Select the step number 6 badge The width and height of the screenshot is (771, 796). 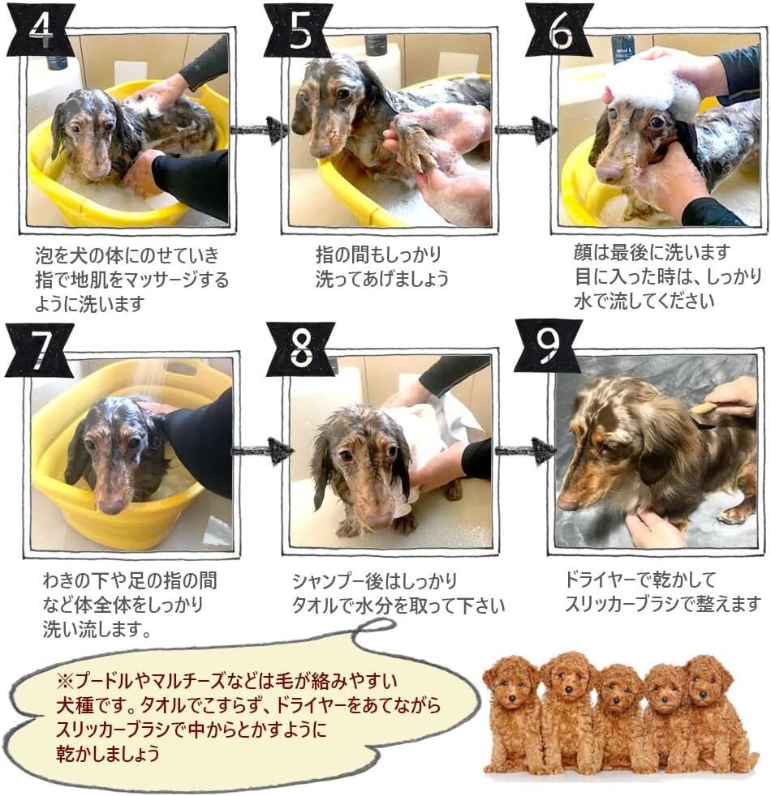point(559,31)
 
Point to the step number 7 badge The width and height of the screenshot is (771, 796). point(40,350)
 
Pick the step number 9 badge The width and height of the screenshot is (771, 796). point(549,346)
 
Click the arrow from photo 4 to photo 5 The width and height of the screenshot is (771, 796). point(258,130)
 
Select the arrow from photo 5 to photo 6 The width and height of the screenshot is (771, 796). point(524,130)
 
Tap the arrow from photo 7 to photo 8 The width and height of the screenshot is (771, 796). point(262,451)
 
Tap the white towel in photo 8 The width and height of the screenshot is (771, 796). point(432,437)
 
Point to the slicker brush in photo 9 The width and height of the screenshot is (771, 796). point(704,409)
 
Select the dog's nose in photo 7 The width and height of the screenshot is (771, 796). point(112,504)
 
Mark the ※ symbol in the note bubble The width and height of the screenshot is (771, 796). point(66,680)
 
